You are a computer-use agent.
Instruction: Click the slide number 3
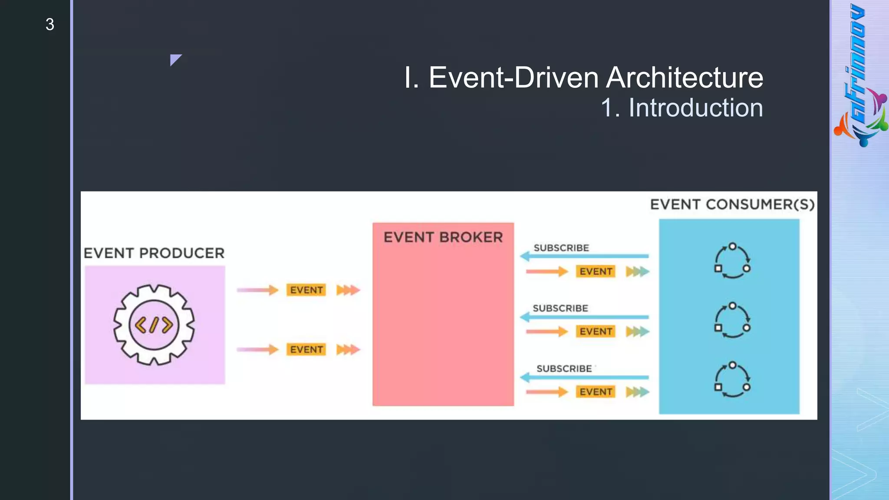point(49,24)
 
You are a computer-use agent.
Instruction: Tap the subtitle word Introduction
point(695,108)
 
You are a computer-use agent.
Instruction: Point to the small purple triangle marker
point(175,59)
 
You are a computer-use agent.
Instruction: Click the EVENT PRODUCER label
point(154,253)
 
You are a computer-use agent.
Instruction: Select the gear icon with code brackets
point(154,325)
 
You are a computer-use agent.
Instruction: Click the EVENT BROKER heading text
point(443,237)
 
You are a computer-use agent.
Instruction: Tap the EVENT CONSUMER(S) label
point(732,204)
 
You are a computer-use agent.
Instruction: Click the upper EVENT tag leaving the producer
point(306,290)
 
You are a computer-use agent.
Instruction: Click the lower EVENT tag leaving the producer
point(306,349)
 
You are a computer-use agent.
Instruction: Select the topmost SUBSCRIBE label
point(561,248)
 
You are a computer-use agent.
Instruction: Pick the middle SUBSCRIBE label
point(560,308)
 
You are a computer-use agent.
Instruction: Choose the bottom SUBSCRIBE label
point(564,368)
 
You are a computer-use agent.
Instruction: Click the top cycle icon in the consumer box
point(732,260)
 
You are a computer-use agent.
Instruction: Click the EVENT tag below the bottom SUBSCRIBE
point(596,392)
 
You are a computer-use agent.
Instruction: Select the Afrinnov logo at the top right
point(859,76)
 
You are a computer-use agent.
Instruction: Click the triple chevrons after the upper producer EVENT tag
point(348,290)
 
